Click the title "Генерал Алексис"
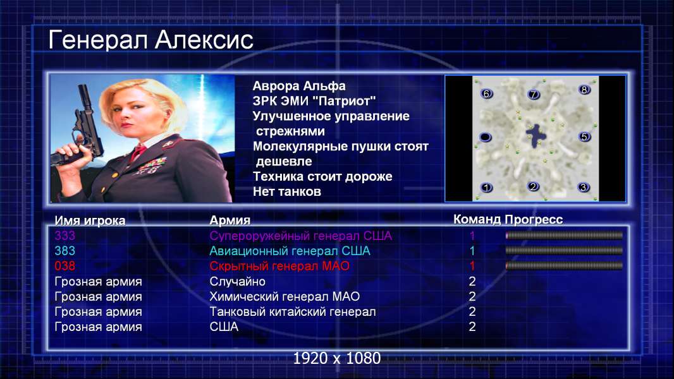pyautogui.click(x=150, y=40)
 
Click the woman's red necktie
pyautogui.click(x=138, y=152)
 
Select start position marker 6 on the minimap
pyautogui.click(x=486, y=93)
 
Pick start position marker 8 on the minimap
pyautogui.click(x=584, y=90)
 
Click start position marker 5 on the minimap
pyautogui.click(x=584, y=137)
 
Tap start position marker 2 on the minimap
pyautogui.click(x=533, y=187)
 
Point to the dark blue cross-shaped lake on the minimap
pyautogui.click(x=536, y=135)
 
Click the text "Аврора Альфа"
pyautogui.click(x=298, y=86)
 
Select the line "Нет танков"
pyautogui.click(x=286, y=191)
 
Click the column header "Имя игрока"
pyautogui.click(x=90, y=220)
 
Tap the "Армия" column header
pyautogui.click(x=230, y=220)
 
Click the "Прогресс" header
pyautogui.click(x=534, y=219)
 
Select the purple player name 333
pyautogui.click(x=65, y=236)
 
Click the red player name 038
pyautogui.click(x=65, y=266)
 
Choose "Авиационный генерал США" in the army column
pyautogui.click(x=290, y=251)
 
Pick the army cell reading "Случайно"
pyautogui.click(x=237, y=282)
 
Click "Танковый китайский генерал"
pyautogui.click(x=292, y=311)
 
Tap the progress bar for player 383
pyautogui.click(x=564, y=251)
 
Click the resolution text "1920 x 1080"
pyautogui.click(x=337, y=358)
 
